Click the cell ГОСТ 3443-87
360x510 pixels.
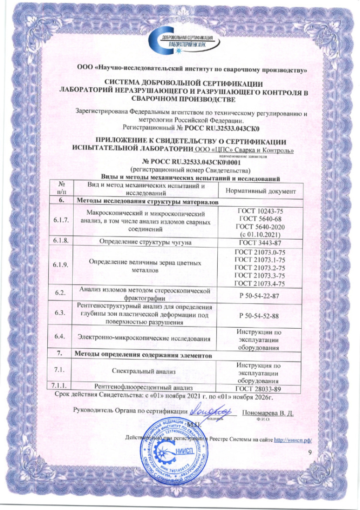pos(258,242)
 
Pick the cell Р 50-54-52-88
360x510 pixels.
pos(258,315)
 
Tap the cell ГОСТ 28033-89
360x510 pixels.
pos(258,389)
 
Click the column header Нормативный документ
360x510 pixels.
pos(258,191)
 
